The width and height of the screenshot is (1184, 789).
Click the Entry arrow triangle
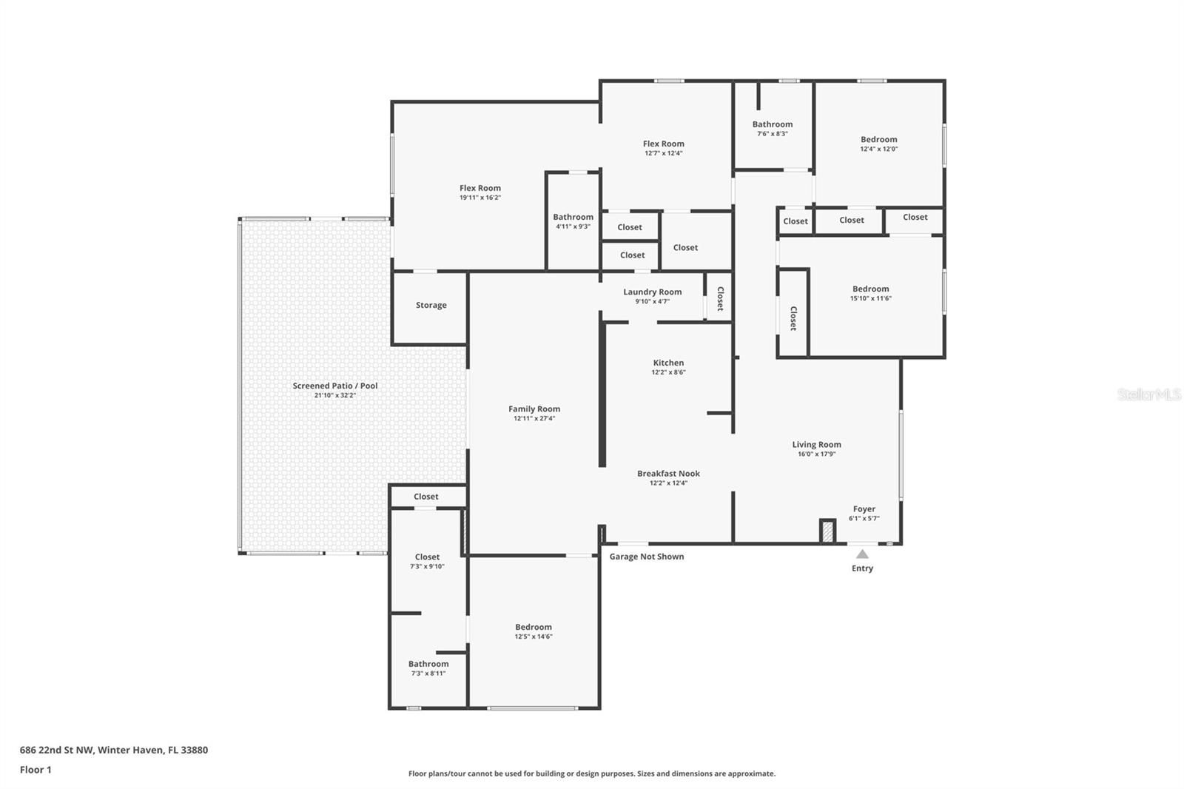(862, 554)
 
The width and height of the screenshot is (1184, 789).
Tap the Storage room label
(431, 305)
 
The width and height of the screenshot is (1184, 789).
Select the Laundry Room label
(652, 292)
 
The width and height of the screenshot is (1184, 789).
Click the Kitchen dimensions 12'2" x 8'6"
(668, 372)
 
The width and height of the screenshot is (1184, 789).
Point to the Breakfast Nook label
(668, 474)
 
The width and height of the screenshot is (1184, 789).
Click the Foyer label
(864, 509)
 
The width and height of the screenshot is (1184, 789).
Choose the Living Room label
(816, 445)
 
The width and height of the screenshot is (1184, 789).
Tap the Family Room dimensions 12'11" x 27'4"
(534, 418)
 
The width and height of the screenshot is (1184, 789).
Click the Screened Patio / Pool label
(334, 386)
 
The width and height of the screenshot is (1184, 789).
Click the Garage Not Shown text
(646, 557)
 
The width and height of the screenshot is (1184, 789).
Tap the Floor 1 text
(36, 770)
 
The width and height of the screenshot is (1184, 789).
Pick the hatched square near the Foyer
(827, 531)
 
